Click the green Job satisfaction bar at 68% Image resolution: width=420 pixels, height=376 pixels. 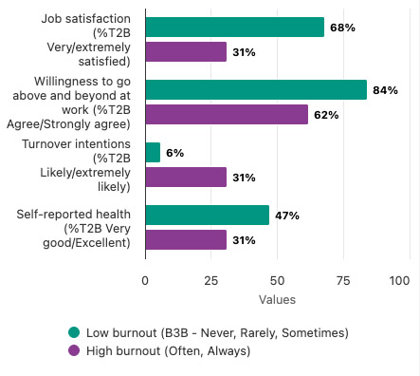coord(234,28)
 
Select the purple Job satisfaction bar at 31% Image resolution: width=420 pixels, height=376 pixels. coord(186,52)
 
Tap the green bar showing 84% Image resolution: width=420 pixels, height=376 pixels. coord(256,90)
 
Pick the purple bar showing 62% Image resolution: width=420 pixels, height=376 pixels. coord(227,115)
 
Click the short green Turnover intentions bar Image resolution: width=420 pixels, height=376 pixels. coord(153,152)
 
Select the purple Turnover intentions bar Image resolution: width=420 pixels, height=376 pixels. coord(186,178)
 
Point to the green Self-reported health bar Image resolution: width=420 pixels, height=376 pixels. coord(207,215)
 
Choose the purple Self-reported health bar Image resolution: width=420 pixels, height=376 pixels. coord(186,240)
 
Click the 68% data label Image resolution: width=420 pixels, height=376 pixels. coord(342,28)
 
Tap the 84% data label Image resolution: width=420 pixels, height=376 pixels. coord(385,90)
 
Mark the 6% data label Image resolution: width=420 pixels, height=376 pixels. coord(175,152)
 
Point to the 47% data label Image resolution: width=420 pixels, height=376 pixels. coord(287,216)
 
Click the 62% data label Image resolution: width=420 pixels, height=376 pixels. coord(327,115)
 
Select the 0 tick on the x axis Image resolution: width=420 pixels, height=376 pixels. coord(145,281)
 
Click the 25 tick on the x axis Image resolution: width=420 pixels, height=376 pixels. coord(210,281)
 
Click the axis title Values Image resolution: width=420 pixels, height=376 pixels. coord(277,300)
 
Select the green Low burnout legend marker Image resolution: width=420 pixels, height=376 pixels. coord(73,332)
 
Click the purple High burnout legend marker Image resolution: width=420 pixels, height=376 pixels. coord(73,350)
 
